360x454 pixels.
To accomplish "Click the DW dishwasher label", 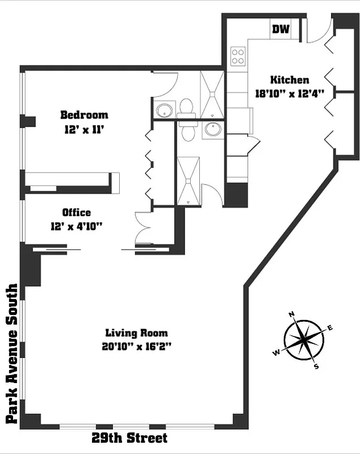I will (x=281, y=30).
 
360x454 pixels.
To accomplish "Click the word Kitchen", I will (x=289, y=80).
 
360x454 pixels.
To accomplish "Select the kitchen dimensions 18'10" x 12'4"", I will (x=289, y=94).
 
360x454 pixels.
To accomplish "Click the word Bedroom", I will (x=84, y=115).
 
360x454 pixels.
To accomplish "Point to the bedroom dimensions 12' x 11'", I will (x=84, y=129).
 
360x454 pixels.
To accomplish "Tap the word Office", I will (x=76, y=213).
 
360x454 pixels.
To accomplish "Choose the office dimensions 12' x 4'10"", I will (x=76, y=226).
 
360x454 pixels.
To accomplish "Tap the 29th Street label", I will (x=130, y=438).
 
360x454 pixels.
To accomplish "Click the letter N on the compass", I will (x=292, y=314).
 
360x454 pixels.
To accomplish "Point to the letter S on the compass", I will (x=317, y=367).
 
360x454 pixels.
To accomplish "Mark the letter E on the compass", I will (x=330, y=327).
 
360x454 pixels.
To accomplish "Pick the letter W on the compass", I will (x=277, y=353).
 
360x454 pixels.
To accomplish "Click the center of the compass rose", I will (x=304, y=340).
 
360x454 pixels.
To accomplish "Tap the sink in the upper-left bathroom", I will (x=164, y=110).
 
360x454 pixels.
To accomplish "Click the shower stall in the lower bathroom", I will (x=187, y=180).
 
